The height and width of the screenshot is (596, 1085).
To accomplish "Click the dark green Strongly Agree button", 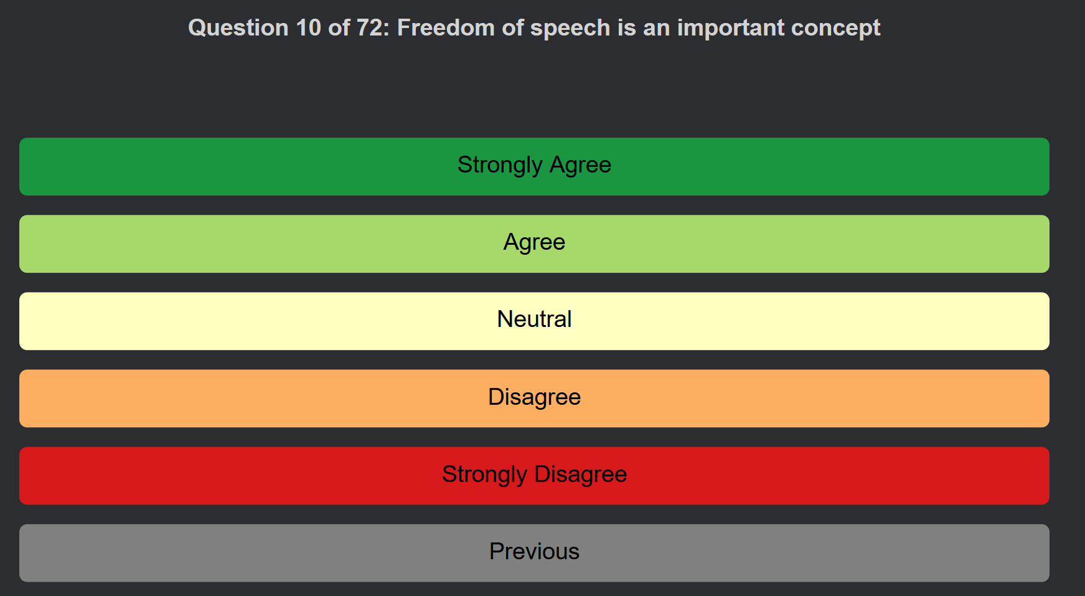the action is tap(534, 166).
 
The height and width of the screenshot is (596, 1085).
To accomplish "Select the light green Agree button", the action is tap(534, 244).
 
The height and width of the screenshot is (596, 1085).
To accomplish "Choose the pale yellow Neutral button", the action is tap(534, 321).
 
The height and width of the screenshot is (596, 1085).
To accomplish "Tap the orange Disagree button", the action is tap(534, 398).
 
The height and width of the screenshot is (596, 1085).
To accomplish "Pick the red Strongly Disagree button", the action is tap(534, 475).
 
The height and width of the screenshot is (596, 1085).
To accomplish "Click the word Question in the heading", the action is tap(238, 28).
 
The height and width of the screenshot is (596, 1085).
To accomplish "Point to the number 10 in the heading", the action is tap(309, 28).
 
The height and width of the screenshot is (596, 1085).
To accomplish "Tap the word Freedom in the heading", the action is tap(441, 28).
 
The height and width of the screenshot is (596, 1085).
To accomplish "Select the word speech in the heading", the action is tap(570, 29).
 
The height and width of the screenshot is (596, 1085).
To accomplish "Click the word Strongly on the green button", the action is tap(500, 165).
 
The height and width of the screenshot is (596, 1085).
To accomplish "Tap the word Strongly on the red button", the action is tap(484, 475).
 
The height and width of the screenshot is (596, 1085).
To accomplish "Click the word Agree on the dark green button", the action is tap(580, 165).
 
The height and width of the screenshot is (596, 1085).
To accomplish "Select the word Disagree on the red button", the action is tap(580, 475).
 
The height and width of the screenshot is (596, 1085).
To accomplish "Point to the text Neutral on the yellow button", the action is tap(534, 319).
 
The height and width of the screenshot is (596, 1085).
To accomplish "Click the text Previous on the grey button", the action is tap(534, 551).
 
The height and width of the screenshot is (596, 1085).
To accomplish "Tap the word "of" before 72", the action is tap(339, 28).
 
